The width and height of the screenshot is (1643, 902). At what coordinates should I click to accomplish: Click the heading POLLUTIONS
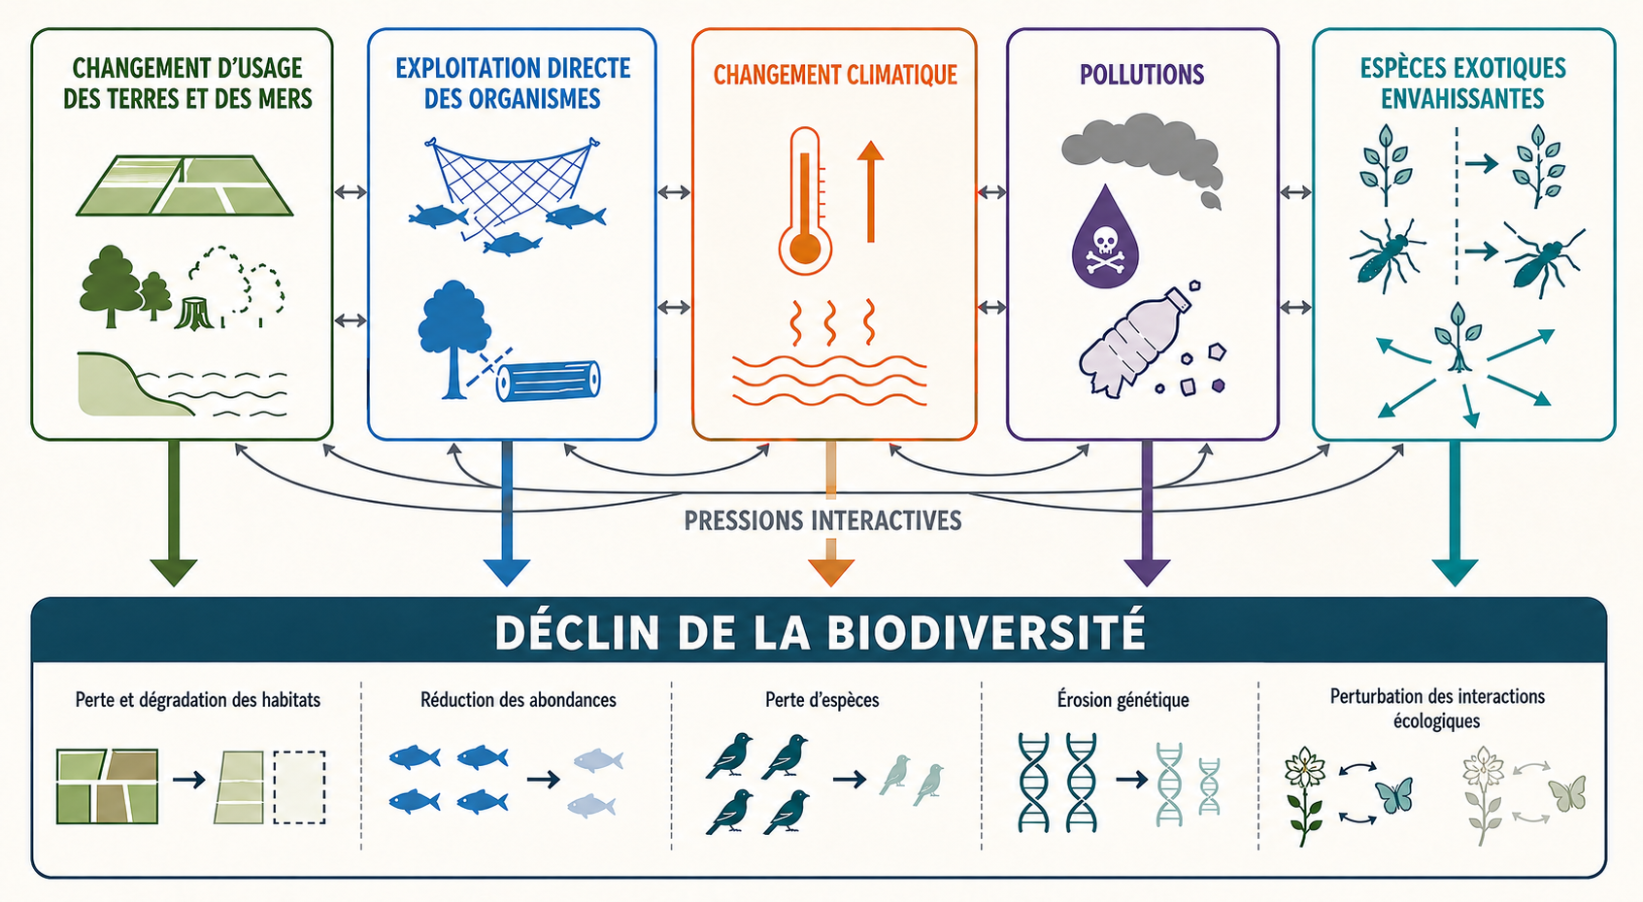coord(1141,75)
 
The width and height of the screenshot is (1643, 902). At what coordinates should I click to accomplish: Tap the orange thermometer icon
coord(805,202)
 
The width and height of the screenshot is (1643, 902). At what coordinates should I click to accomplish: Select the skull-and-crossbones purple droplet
coord(1105,237)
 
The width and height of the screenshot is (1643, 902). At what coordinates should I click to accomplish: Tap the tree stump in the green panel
coord(194,314)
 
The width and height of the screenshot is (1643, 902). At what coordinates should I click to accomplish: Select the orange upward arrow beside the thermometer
coord(871,191)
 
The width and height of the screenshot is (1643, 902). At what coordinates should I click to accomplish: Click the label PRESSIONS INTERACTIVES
coord(823,520)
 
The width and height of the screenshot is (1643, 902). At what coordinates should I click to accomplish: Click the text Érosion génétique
coord(1123,700)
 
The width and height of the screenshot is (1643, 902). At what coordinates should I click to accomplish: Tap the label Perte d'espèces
coord(821,700)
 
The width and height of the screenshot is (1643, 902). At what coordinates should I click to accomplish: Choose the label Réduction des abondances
coord(518,700)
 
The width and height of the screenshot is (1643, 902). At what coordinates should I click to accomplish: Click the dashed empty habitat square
coord(299,786)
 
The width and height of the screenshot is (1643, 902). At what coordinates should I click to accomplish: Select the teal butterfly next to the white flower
coord(1393,795)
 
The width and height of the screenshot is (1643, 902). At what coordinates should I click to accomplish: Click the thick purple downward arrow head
coord(1147,573)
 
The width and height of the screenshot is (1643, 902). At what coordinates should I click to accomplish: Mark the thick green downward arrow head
coord(174,573)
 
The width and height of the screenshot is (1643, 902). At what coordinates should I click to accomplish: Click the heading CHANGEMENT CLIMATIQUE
coord(835,75)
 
